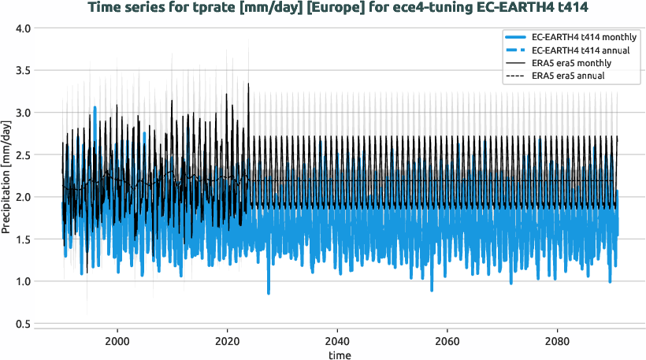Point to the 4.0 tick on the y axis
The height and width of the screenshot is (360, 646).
pyautogui.click(x=22, y=28)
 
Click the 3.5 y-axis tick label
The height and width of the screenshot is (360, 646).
pyautogui.click(x=22, y=71)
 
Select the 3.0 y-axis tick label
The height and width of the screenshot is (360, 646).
pyautogui.click(x=22, y=113)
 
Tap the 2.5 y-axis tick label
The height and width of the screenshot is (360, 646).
pyautogui.click(x=22, y=155)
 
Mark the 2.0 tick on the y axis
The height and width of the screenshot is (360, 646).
pyautogui.click(x=22, y=197)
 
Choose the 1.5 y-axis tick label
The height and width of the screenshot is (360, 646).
pyautogui.click(x=22, y=239)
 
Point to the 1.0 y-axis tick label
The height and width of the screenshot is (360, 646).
pyautogui.click(x=22, y=281)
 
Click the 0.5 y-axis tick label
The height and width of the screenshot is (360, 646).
pyautogui.click(x=22, y=324)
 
